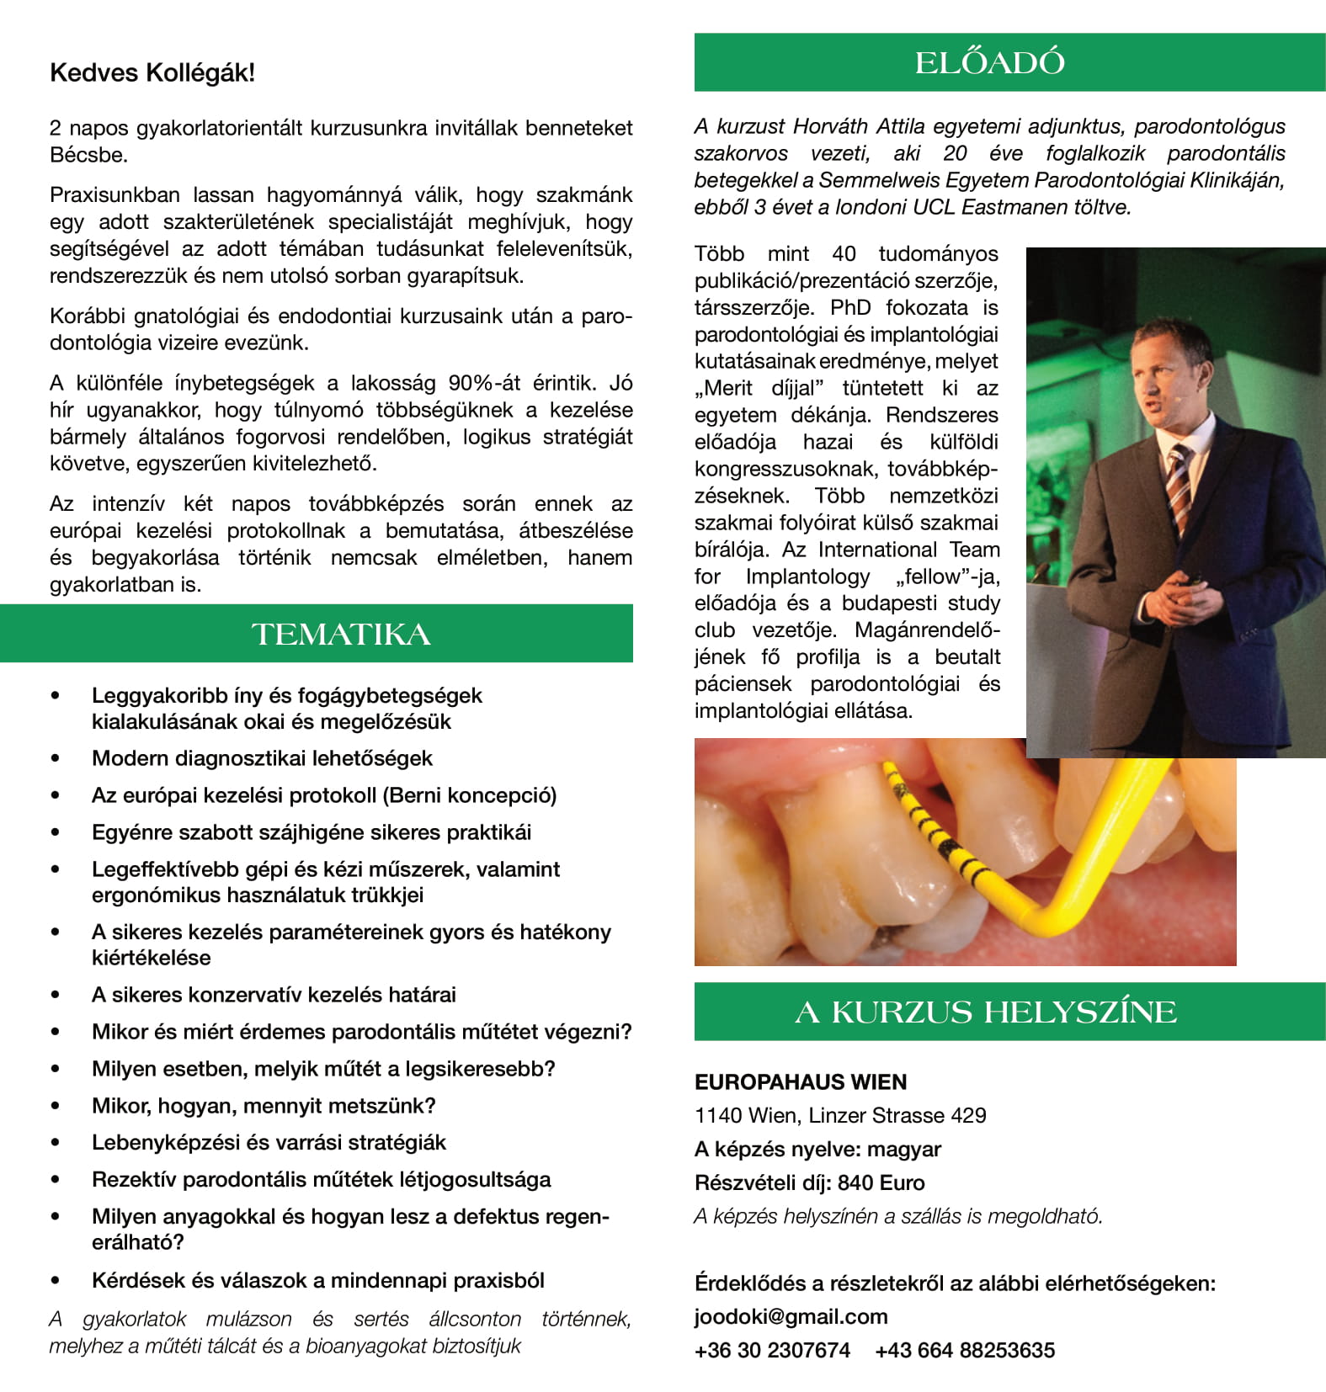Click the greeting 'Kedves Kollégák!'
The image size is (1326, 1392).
tap(152, 73)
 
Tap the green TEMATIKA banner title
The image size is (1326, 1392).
tap(341, 635)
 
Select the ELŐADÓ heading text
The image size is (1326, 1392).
tap(989, 63)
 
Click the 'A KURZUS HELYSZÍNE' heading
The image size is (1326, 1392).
tap(985, 1012)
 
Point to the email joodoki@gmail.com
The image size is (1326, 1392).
tap(791, 1316)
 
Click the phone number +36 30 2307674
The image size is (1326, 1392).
tap(772, 1350)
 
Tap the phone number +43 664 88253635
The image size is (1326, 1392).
tap(964, 1350)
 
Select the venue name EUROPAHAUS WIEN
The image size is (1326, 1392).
tap(800, 1082)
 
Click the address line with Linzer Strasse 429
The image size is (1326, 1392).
tap(840, 1115)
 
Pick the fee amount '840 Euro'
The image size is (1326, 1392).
tap(881, 1182)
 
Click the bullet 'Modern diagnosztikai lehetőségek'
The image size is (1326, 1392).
tap(262, 758)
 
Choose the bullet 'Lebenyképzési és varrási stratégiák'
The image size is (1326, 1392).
tap(269, 1143)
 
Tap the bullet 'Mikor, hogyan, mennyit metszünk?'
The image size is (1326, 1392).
tap(264, 1106)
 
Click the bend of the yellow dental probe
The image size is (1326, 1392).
tap(1042, 914)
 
